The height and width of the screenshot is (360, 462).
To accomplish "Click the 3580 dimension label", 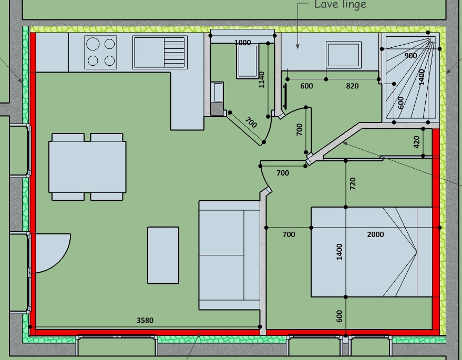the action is click(x=145, y=320).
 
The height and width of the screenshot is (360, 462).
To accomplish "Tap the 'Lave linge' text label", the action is click(x=340, y=5).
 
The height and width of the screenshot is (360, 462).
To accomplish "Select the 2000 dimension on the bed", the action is click(x=375, y=234).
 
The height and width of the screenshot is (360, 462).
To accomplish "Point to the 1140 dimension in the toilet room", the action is click(x=261, y=79).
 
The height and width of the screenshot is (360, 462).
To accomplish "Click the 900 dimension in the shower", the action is click(x=410, y=56).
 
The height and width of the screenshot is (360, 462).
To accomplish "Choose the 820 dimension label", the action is click(x=352, y=86).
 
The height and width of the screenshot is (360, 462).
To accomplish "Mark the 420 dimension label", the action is click(x=416, y=142).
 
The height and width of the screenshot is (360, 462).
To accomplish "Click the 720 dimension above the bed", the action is click(x=352, y=184).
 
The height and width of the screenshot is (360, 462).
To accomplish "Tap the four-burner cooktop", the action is click(x=100, y=53).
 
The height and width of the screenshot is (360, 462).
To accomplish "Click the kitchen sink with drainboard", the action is click(x=160, y=53).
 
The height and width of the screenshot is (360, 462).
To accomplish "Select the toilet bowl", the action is click(x=248, y=61).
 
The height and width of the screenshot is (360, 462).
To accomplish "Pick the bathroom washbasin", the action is click(x=344, y=55).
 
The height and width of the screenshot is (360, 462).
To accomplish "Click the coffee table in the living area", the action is click(x=163, y=255).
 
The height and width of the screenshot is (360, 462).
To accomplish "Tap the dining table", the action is click(x=87, y=167).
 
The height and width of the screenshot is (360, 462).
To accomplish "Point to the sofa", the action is click(x=229, y=255).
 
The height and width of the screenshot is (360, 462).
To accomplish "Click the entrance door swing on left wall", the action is click(x=52, y=253).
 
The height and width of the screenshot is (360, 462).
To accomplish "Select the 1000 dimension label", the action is click(x=242, y=43).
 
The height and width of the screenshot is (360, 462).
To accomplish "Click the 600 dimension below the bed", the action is click(x=339, y=316).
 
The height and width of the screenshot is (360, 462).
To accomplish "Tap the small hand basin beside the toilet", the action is click(x=218, y=92).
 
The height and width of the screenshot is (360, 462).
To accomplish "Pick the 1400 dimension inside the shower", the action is click(x=422, y=77).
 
